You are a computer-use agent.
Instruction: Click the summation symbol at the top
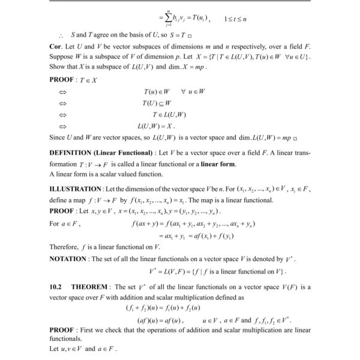point(155,19)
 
